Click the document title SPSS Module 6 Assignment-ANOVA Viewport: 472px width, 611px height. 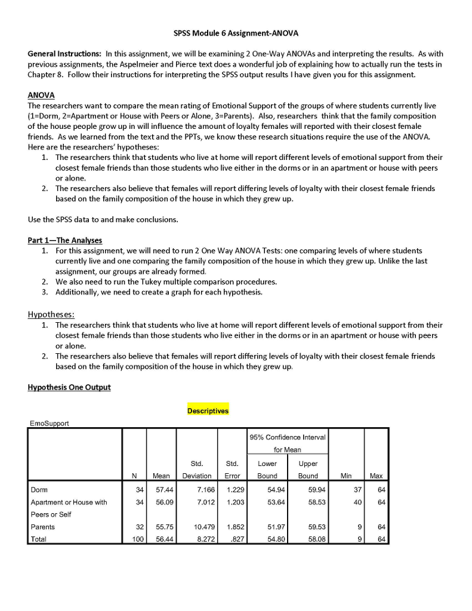[x=236, y=33]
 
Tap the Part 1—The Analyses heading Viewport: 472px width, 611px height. [x=65, y=240]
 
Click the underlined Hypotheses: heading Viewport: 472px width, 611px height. [x=52, y=314]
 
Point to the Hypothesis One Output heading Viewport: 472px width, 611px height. [x=69, y=387]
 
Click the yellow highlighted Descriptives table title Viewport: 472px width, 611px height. [x=208, y=411]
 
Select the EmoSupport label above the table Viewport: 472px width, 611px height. [x=50, y=424]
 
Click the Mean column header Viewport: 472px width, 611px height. [x=161, y=476]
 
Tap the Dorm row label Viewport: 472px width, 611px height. [x=39, y=490]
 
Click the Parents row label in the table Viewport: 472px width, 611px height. [x=42, y=527]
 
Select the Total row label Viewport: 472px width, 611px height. [x=39, y=539]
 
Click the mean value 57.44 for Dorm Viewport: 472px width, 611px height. [x=161, y=490]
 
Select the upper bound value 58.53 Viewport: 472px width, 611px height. [x=309, y=502]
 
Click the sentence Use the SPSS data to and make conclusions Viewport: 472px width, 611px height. [x=103, y=220]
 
